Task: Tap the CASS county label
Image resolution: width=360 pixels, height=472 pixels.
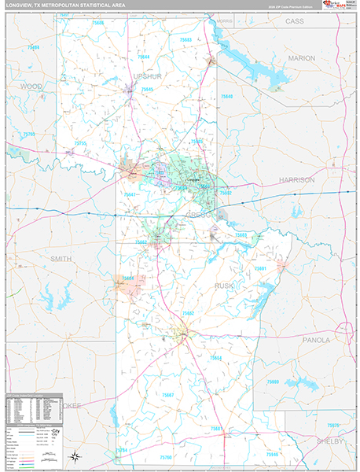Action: coord(294,21)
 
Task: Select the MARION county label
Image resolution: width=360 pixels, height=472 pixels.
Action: coord(301,58)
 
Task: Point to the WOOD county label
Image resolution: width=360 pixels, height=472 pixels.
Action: coord(31,85)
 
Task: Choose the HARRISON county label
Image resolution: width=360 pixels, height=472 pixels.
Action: coord(297,179)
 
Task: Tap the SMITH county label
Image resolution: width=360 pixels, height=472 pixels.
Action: coord(61,258)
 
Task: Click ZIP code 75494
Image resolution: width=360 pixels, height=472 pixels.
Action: coord(32,48)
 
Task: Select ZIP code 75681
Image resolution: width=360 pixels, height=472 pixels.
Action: coord(260,268)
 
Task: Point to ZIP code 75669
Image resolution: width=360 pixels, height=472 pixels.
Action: coord(273,382)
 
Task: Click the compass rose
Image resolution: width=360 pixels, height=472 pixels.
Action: coord(74,456)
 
